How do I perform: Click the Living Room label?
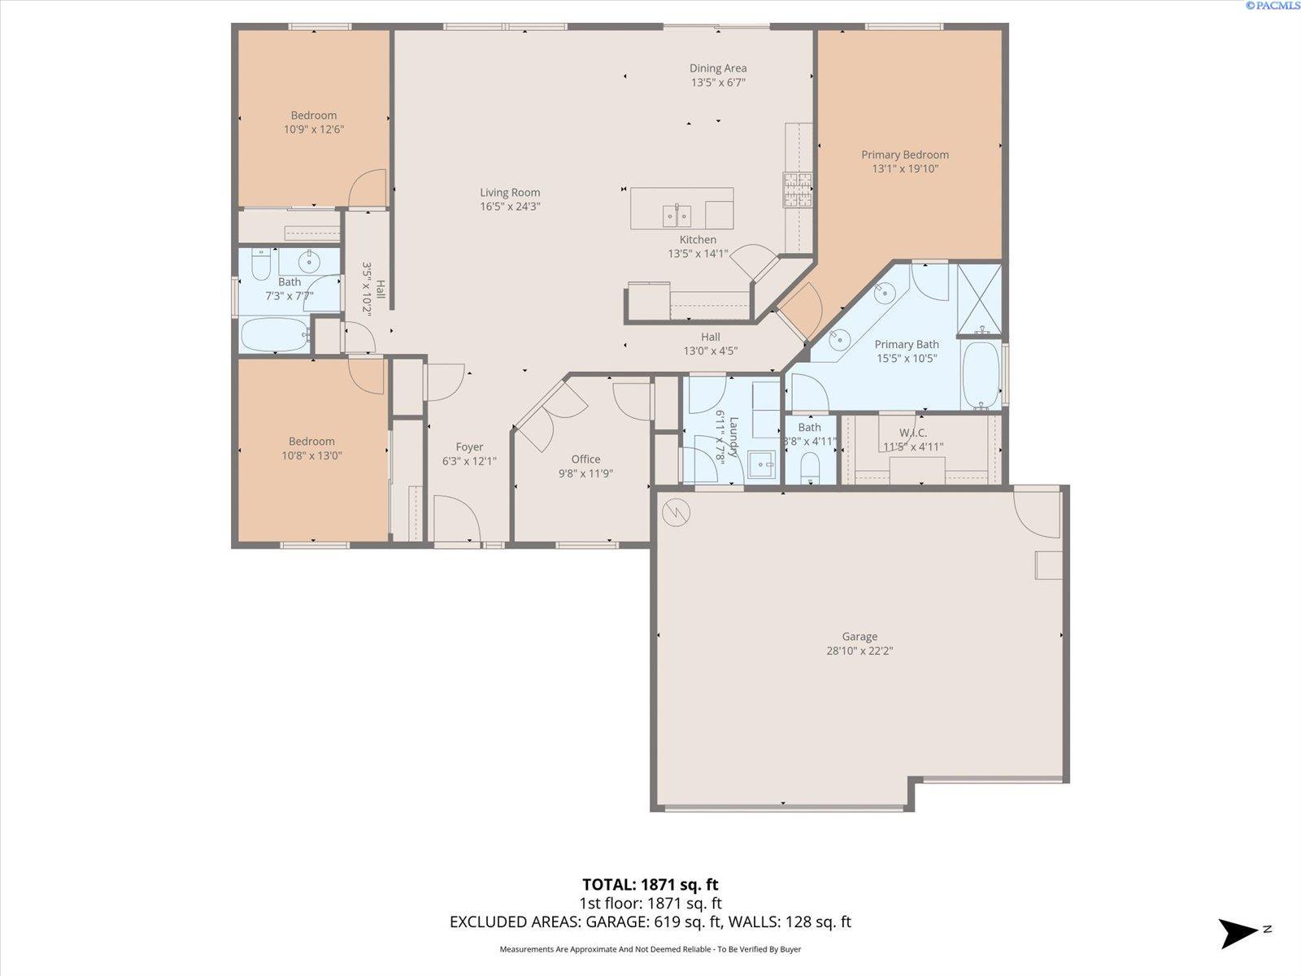(x=510, y=193)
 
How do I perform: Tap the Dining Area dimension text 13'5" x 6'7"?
(x=718, y=82)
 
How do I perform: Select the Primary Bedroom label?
(x=904, y=155)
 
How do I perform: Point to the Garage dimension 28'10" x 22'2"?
(x=859, y=651)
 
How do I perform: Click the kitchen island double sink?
(x=677, y=215)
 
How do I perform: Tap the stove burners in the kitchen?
(x=798, y=189)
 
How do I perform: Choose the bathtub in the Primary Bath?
(x=981, y=374)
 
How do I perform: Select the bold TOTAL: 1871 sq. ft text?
(x=650, y=885)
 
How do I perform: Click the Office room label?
(x=585, y=460)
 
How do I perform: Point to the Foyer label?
(x=469, y=447)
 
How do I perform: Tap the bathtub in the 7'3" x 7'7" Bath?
(x=275, y=335)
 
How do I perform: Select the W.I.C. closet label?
(x=913, y=433)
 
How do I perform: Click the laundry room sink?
(x=761, y=464)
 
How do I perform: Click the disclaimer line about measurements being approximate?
(x=650, y=948)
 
